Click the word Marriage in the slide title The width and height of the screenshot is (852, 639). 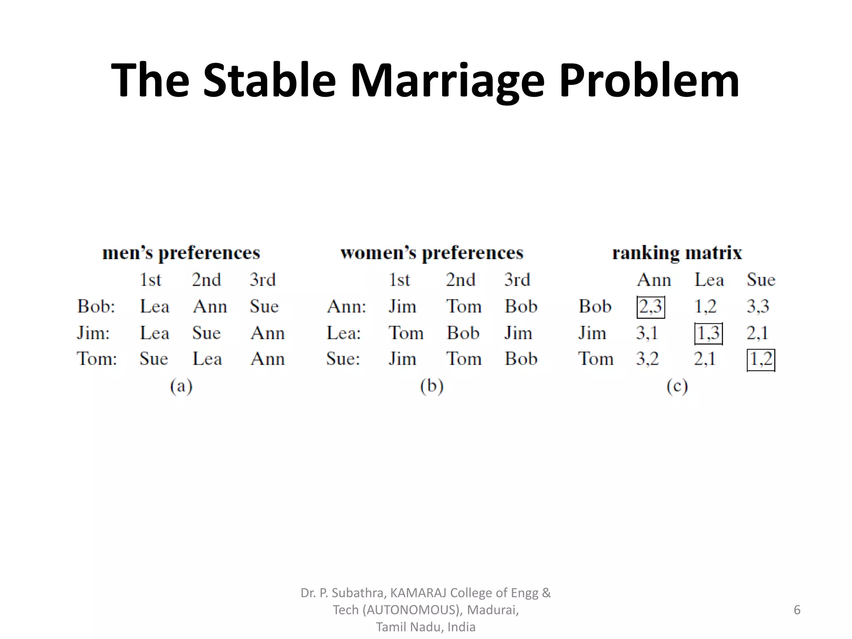[447, 80]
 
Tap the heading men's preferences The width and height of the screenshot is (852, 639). [181, 253]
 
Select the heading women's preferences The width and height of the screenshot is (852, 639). [431, 253]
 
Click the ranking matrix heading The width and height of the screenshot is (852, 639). [677, 253]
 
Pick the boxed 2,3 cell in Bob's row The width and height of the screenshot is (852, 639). [651, 307]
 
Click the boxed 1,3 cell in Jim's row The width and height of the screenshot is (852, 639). [708, 333]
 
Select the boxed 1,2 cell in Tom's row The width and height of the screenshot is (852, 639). [761, 359]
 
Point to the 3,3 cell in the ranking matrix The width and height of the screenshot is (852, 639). [758, 307]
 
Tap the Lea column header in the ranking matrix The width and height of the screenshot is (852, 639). [709, 280]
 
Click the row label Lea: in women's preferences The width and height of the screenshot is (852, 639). [344, 333]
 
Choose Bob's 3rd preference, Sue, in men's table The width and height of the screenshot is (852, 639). [264, 307]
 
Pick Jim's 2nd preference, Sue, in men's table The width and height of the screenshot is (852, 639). [206, 333]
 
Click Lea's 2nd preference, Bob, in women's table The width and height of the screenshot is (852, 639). [463, 333]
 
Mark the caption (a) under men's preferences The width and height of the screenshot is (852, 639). [181, 386]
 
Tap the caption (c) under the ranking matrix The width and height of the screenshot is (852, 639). [677, 386]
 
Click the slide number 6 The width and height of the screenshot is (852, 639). [797, 610]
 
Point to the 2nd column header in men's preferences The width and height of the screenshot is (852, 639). [206, 280]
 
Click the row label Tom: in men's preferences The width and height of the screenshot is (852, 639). [97, 359]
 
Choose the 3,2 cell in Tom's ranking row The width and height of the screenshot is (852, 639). [647, 359]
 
